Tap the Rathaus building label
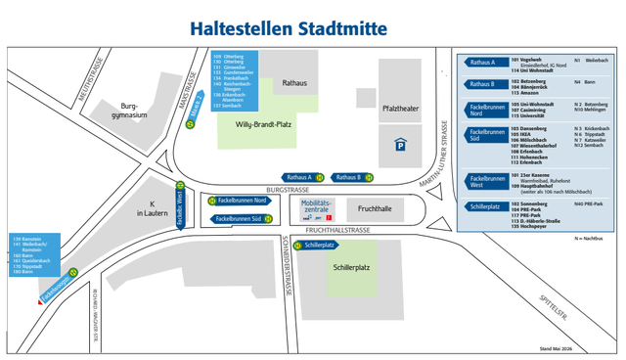coord(294,83)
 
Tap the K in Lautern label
coord(152,207)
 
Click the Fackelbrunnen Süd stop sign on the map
coord(240,218)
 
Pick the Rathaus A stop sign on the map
coord(296,177)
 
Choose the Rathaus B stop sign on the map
coord(347,177)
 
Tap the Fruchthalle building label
coord(375,208)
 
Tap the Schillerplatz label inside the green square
coord(350,266)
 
